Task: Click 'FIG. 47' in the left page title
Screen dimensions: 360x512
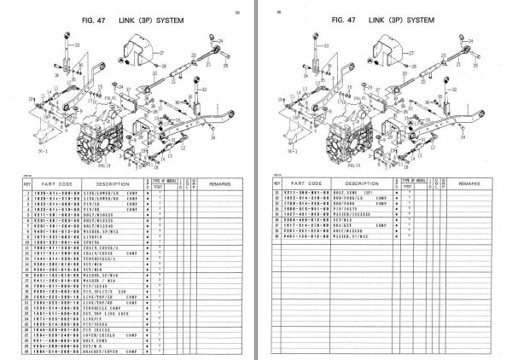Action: [x=87, y=18]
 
